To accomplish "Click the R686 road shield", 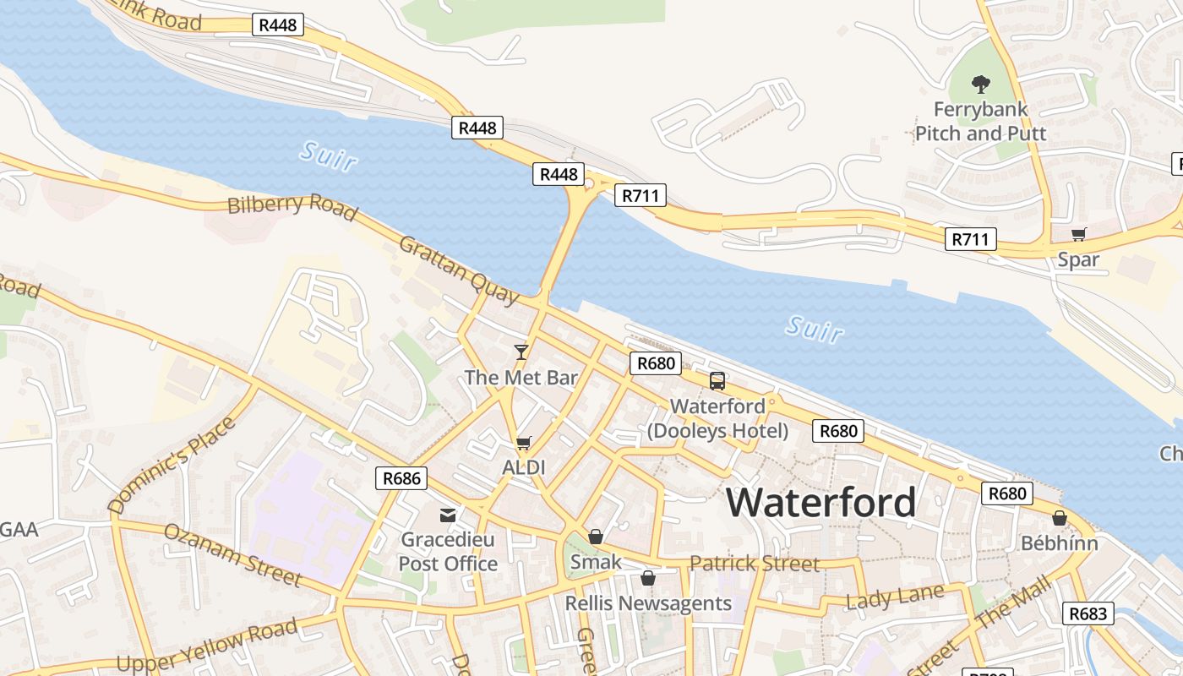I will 401,478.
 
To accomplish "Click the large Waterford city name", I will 821,503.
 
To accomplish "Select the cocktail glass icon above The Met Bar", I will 521,352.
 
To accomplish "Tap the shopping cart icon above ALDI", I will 523,443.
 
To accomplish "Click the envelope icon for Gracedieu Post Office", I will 447,515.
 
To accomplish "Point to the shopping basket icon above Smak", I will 596,537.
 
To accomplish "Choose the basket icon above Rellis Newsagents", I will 647,578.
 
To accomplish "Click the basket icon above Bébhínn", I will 1059,518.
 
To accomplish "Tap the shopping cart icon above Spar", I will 1078,235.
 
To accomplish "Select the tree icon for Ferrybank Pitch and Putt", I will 980,84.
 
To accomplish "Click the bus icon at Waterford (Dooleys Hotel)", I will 717,381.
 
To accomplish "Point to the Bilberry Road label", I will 292,205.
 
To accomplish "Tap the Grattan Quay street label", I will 459,269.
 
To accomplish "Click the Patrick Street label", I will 754,564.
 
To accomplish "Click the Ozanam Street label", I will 232,555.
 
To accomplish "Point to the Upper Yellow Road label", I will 207,645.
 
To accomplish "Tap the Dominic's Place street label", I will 172,466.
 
